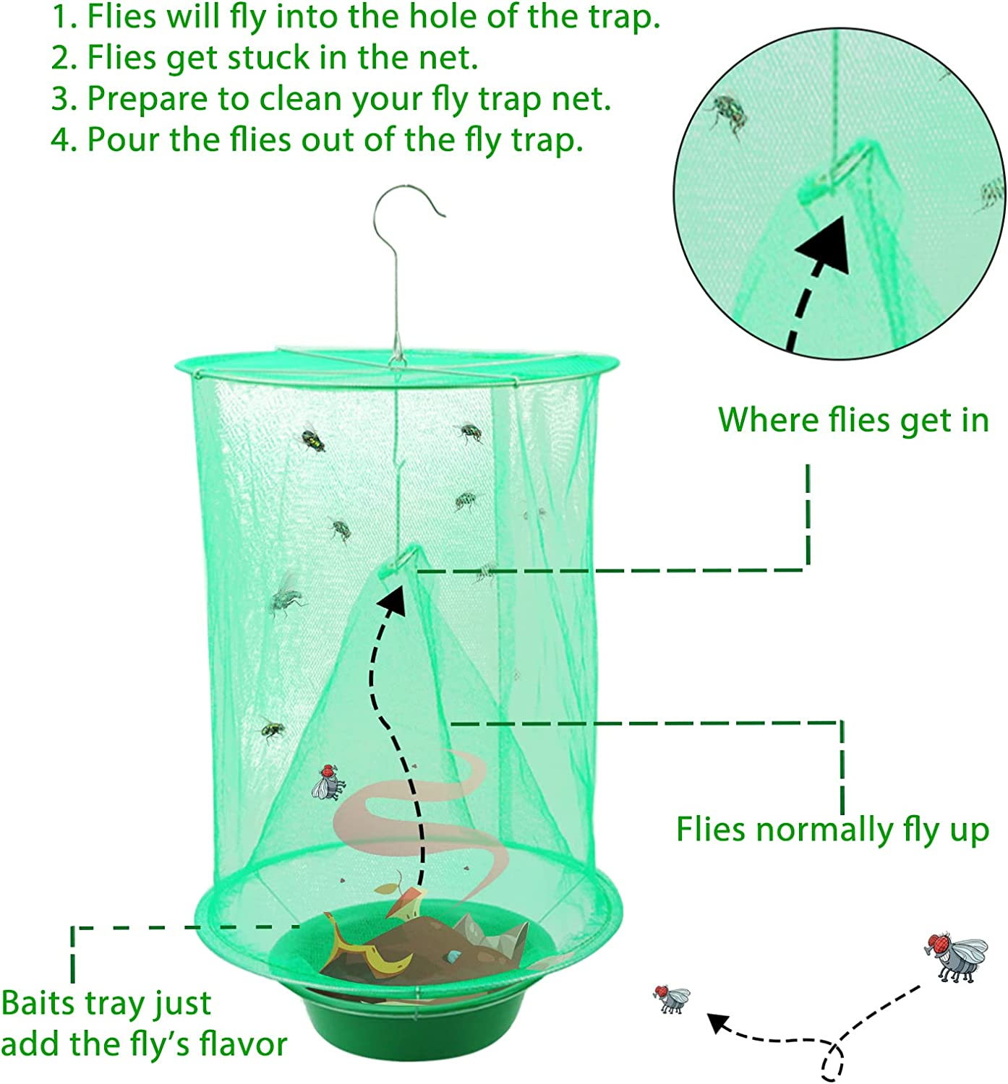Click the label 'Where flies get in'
click(x=853, y=420)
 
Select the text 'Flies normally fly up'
click(x=832, y=830)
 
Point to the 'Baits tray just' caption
click(x=106, y=1003)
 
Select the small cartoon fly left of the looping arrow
click(x=672, y=999)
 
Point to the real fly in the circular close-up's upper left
click(x=728, y=112)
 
